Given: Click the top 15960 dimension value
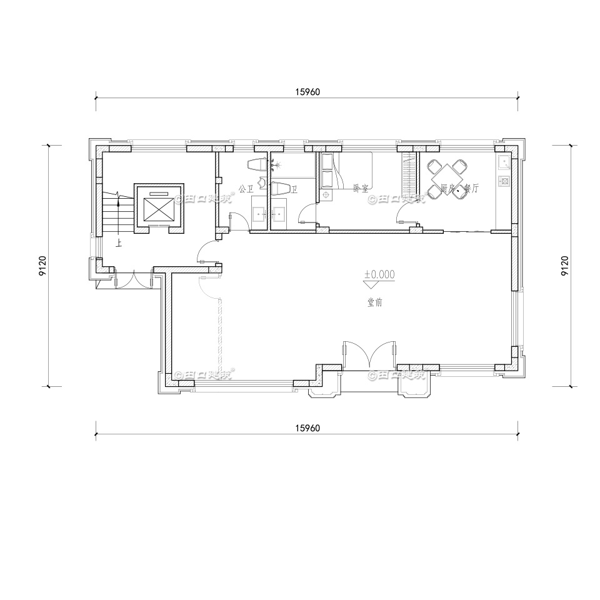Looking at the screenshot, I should (307, 92).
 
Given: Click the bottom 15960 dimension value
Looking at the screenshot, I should (307, 428).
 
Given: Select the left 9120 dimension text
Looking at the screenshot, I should (42, 265).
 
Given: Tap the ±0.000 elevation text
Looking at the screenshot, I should (380, 274).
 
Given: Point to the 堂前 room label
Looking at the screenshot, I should (375, 302).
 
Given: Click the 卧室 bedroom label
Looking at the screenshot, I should (360, 187).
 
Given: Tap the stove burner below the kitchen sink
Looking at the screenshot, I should (503, 181).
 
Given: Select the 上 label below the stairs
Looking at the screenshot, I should (118, 241).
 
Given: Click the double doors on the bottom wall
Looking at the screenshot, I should (369, 356).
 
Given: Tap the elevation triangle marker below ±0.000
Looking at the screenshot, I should (372, 284).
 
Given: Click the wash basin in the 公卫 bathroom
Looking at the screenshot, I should (259, 212).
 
